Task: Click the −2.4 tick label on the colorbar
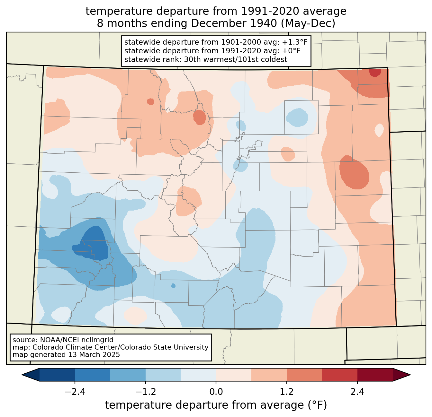point(75,392)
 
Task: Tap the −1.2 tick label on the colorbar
point(145,392)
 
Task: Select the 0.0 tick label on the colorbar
point(216,392)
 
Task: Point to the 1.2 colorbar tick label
point(287,392)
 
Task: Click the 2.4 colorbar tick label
point(357,392)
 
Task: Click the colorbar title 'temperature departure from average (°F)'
point(216,405)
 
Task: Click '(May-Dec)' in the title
point(310,23)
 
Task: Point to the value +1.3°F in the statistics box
point(295,42)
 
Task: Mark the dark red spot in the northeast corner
point(375,73)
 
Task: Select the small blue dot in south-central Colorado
point(174,285)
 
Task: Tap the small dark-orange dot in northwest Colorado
point(150,102)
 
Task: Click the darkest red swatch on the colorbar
point(375,375)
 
